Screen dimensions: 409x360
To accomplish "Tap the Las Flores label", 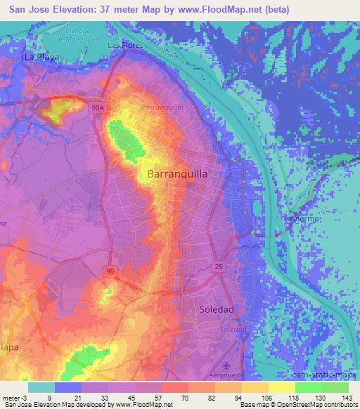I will click(125, 46).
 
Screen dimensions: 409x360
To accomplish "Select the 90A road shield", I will click(98, 108).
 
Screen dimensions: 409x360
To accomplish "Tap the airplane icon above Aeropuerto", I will click(226, 365).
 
